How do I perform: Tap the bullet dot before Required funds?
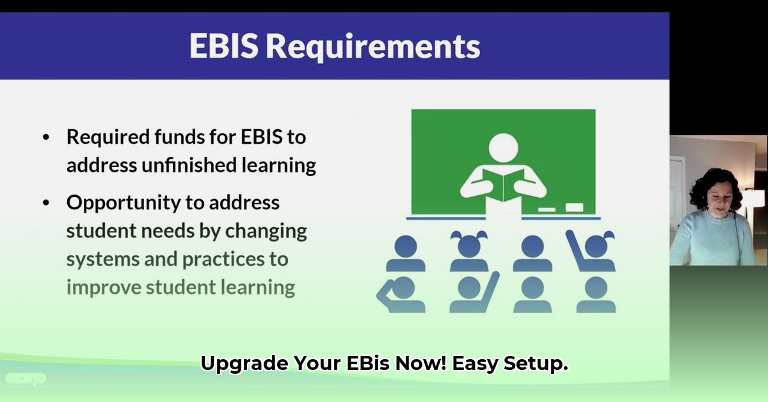(x=45, y=138)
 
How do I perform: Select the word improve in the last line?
(x=104, y=287)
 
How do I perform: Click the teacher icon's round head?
(x=503, y=147)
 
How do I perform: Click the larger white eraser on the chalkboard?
(x=574, y=207)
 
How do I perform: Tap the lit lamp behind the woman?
(x=754, y=198)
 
